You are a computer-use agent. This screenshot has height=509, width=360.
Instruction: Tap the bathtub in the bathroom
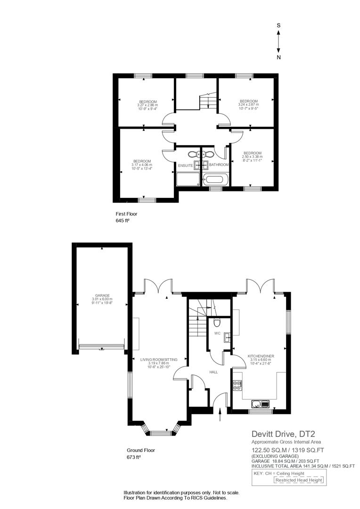[215, 179]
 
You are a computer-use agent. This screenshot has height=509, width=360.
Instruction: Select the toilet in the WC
[216, 323]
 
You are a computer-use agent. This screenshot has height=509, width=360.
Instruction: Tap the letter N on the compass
[279, 57]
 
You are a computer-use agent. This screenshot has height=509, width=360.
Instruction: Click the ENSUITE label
[185, 165]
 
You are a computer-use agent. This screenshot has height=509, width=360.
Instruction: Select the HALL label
[213, 372]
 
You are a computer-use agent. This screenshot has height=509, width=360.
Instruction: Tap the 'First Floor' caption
[126, 213]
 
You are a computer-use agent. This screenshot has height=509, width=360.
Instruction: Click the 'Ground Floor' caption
[140, 450]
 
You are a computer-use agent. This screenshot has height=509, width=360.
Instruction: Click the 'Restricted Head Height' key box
[299, 480]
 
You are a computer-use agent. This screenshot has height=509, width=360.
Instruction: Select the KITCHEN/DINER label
[261, 356]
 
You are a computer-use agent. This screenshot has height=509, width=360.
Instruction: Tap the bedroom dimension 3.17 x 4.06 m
[141, 164]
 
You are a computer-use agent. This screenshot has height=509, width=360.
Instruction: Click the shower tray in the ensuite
[188, 179]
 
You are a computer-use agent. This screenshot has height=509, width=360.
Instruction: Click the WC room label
[218, 333]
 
